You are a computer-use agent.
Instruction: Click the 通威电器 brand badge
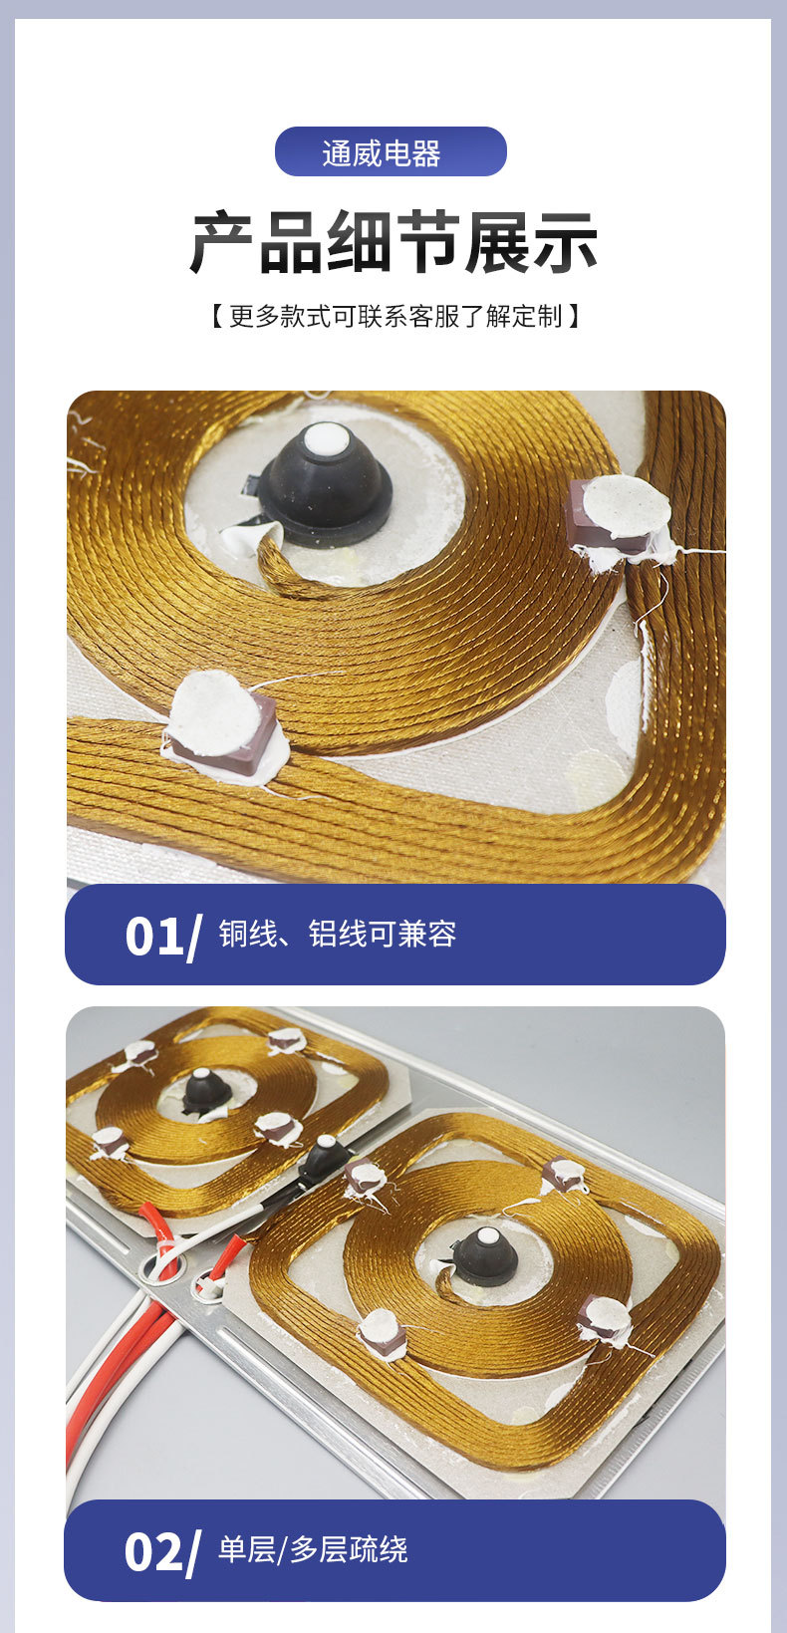391,151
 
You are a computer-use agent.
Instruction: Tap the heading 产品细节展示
393,242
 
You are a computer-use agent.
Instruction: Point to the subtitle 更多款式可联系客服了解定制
394,317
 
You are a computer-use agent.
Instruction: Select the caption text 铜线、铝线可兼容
338,934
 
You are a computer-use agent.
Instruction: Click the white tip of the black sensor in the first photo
326,438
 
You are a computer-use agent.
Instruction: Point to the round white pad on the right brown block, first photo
627,507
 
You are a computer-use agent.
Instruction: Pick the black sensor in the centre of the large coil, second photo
486,1255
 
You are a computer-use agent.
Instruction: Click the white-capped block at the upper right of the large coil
564,1175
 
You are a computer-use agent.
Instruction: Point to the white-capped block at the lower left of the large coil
383,1333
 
